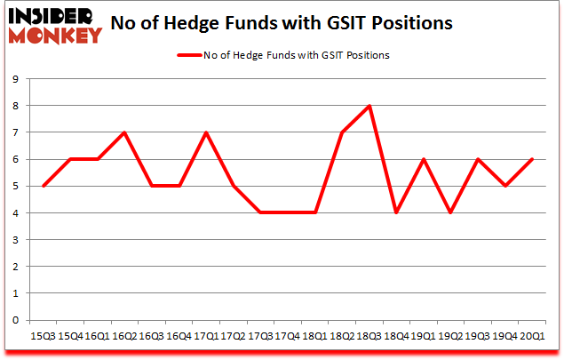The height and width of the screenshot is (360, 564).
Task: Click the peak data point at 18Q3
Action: pos(369,106)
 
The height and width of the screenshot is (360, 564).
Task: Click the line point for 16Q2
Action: pos(124,132)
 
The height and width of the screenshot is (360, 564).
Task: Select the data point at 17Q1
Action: pos(206,132)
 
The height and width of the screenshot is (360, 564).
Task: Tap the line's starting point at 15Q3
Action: pos(43,187)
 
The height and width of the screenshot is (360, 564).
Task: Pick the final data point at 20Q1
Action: pos(532,159)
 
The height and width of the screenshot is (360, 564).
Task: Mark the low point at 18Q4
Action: pos(396,213)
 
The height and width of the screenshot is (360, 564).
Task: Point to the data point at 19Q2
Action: pos(450,213)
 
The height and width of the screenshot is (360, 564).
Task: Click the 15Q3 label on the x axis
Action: pos(43,336)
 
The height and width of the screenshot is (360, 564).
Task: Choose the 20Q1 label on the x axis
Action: pos(532,336)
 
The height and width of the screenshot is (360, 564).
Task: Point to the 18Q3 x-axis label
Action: pos(369,336)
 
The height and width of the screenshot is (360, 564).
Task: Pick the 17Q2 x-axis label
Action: pos(233,336)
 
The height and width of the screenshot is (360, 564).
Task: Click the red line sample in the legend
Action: pos(190,55)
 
